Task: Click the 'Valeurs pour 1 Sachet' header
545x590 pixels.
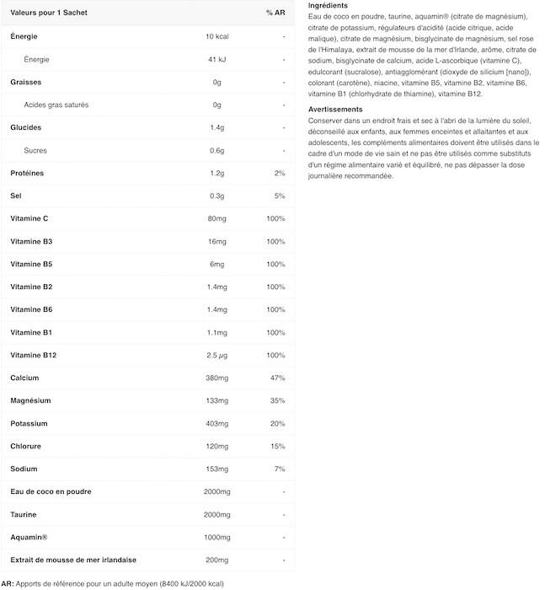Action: pos(48,13)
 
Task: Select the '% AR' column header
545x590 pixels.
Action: pos(275,13)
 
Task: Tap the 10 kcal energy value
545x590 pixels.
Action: pos(216,37)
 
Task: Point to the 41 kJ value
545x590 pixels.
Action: pos(216,60)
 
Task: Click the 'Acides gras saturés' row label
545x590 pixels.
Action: pos(56,105)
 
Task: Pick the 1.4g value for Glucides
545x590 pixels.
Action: pos(216,128)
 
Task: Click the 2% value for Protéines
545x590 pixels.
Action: pos(280,174)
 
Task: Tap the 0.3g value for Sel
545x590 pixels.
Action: pos(216,196)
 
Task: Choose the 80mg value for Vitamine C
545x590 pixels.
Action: pos(216,219)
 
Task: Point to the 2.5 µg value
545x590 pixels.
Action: pos(216,356)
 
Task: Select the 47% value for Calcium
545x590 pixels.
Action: pos(277,378)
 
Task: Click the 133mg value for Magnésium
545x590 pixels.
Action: pos(216,401)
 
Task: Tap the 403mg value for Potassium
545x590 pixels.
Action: pos(216,424)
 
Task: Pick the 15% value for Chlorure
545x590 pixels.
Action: pos(277,447)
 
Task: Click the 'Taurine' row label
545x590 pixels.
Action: pos(24,515)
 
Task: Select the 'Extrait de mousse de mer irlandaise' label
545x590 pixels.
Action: pos(73,560)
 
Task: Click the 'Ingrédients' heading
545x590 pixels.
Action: pos(329,5)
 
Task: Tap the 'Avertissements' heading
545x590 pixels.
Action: pos(335,110)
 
